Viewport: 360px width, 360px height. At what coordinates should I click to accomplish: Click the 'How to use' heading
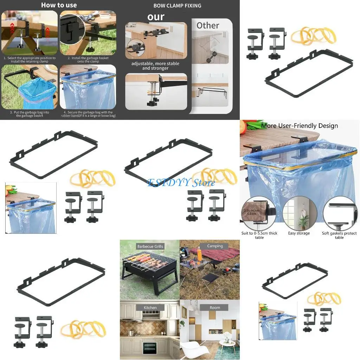(x=59, y=5)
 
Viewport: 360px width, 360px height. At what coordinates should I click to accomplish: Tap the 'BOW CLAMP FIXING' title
(x=177, y=6)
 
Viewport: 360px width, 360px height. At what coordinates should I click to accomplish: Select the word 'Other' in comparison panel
(x=207, y=25)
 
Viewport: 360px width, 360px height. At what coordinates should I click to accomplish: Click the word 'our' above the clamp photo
(x=156, y=17)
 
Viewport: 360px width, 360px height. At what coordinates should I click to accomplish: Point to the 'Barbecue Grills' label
(x=150, y=246)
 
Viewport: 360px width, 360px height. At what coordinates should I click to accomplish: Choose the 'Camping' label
(x=215, y=246)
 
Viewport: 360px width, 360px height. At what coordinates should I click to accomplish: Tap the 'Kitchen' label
(x=150, y=308)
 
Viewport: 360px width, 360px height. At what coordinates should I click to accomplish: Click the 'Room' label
(x=215, y=308)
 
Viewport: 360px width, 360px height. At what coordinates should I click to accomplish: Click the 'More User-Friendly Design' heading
(x=300, y=126)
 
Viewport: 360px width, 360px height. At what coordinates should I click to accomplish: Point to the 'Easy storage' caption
(x=299, y=233)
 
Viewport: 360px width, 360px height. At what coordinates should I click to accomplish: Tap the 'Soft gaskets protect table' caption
(x=339, y=235)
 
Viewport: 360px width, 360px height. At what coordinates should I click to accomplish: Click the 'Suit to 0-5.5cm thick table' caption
(x=259, y=235)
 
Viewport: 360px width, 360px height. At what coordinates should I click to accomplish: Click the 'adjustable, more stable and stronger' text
(x=155, y=66)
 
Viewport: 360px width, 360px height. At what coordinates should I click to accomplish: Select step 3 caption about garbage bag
(x=30, y=114)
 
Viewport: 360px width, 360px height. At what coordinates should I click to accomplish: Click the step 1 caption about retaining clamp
(x=30, y=59)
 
